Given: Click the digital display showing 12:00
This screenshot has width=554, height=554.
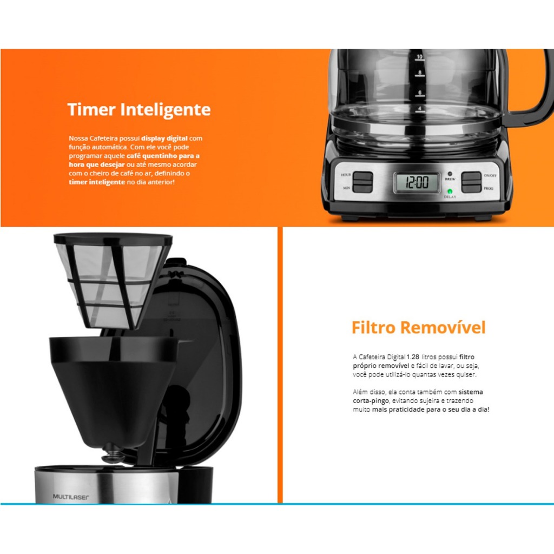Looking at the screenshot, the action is [417, 182].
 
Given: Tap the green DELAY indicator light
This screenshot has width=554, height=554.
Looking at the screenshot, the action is [450, 192].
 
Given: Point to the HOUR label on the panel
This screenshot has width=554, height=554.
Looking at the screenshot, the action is [346, 175].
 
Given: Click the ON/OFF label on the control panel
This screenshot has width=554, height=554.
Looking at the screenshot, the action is [490, 176].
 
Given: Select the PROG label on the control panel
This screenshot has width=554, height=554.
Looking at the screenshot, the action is [489, 188].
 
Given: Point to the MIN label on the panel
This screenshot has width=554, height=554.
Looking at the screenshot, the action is [347, 188].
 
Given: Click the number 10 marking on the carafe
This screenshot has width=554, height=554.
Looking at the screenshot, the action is [419, 56].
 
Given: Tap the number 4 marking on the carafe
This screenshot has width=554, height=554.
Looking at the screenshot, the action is [420, 108].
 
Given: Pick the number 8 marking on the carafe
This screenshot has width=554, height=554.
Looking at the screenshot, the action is [420, 72].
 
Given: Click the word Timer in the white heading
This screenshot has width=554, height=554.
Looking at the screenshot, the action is [91, 109].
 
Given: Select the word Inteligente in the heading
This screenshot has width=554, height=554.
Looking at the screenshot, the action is [166, 110].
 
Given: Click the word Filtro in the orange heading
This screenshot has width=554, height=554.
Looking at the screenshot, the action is [373, 327].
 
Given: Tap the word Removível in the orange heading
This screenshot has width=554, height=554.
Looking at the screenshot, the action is [443, 327].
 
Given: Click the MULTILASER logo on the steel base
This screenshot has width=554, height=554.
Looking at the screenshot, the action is [71, 497].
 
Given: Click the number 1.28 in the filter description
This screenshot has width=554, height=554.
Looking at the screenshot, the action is [413, 357].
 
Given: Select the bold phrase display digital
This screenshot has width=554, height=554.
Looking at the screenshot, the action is [164, 138].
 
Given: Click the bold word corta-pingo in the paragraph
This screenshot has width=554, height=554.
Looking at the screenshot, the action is [371, 401].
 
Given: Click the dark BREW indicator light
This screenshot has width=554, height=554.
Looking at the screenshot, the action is [450, 174].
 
